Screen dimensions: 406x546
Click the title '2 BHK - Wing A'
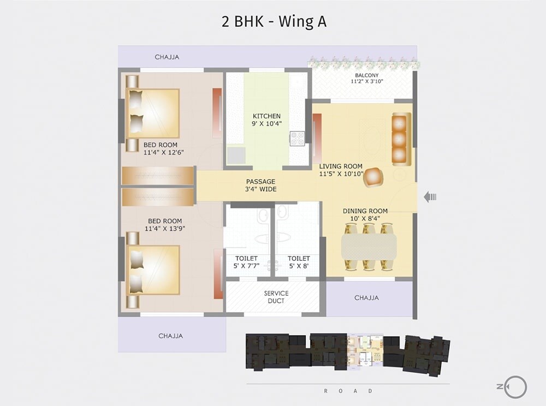pos(274,21)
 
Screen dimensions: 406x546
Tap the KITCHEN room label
pos(266,116)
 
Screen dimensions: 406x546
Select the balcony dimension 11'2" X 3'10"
pos(366,81)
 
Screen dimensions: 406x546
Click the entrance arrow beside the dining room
pos(430,197)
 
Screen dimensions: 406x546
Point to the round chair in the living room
pos(373,176)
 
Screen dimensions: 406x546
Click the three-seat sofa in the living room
pos(401,139)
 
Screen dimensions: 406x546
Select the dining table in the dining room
pos(369,247)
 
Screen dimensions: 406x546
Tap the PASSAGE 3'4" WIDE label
pos(260,185)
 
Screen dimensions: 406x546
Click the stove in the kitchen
pos(298,139)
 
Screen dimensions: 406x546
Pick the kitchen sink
pos(236,156)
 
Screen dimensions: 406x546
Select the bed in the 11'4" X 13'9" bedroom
pos(153,270)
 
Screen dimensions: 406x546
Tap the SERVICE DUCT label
pos(276,297)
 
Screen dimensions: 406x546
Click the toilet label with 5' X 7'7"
pos(246,262)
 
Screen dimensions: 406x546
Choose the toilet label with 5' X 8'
pos(299,262)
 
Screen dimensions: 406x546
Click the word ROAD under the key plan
pos(348,391)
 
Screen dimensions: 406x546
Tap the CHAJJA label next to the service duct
pos(366,298)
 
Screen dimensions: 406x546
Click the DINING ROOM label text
pos(365,211)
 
